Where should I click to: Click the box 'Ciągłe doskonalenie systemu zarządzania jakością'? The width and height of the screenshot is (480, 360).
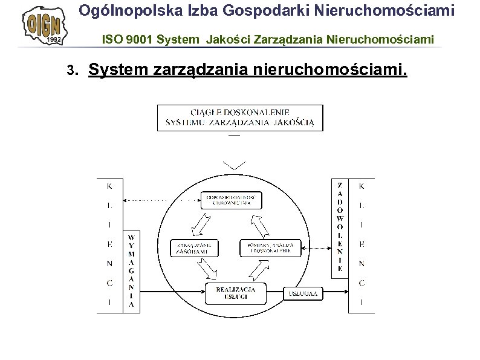click(x=240, y=118)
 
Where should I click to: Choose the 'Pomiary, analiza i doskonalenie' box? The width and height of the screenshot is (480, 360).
click(x=270, y=248)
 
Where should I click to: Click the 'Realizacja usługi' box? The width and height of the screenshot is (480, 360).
click(x=236, y=293)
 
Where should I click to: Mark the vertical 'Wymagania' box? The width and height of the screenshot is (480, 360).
click(x=131, y=272)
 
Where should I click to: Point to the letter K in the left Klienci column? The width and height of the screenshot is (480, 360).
click(x=109, y=187)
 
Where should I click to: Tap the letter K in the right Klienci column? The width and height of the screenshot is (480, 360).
click(x=362, y=187)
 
